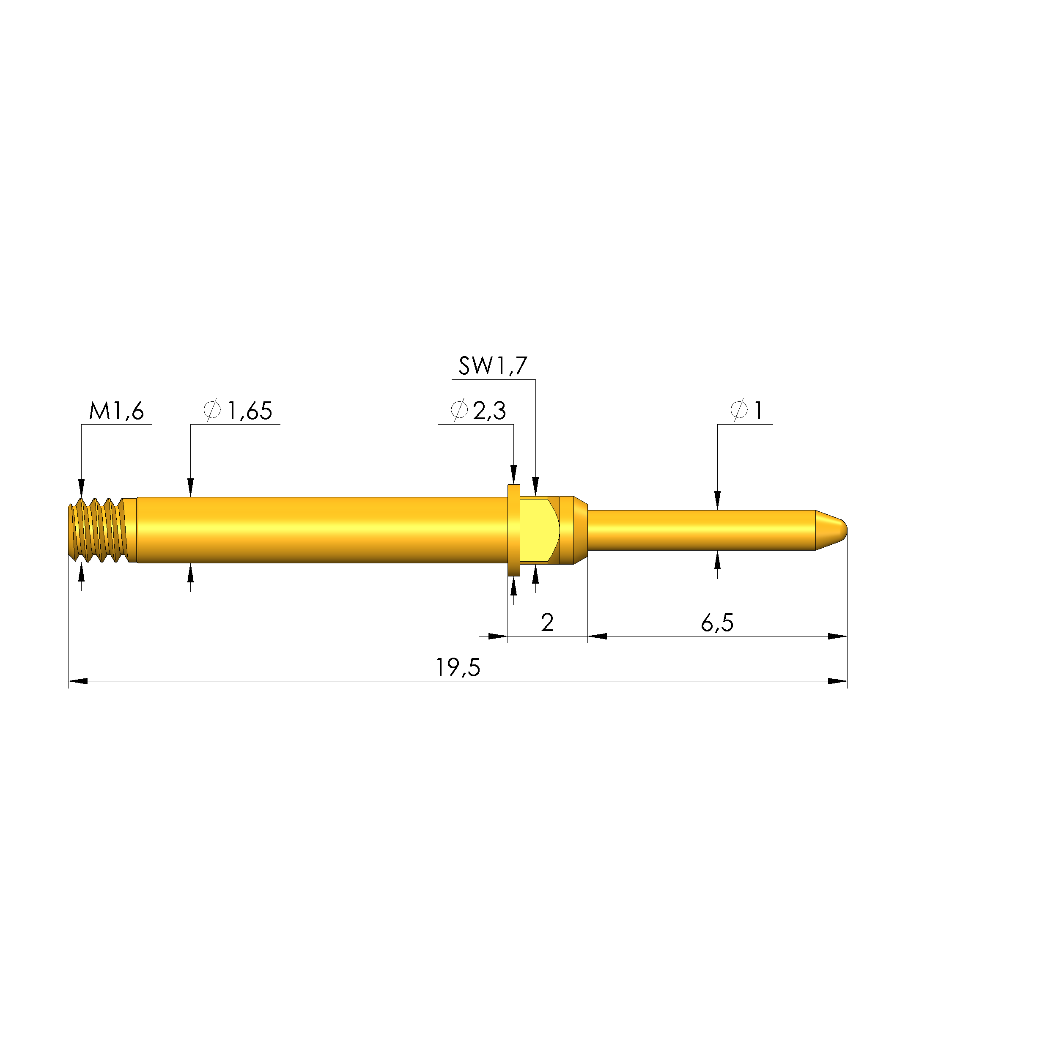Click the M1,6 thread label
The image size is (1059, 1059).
click(x=116, y=411)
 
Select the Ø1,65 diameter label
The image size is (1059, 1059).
click(x=238, y=411)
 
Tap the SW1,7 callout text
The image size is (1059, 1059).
click(x=493, y=366)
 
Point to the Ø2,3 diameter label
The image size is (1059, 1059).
click(x=478, y=411)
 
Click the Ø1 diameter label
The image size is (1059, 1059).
click(x=746, y=411)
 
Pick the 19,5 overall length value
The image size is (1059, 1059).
click(x=458, y=668)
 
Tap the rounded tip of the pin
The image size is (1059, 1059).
click(x=833, y=530)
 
